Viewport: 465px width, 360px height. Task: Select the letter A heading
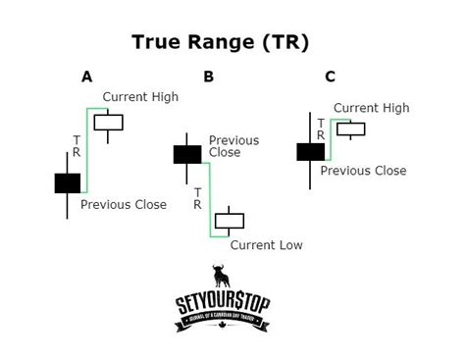tap(87, 77)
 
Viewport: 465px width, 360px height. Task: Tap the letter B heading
tap(208, 77)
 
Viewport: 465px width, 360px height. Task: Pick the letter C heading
tap(329, 77)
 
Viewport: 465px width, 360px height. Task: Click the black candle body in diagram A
tap(67, 182)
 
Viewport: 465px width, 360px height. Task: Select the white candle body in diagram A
tap(109, 122)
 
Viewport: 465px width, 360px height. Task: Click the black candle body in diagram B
tap(187, 154)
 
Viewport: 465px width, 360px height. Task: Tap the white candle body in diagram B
tap(230, 221)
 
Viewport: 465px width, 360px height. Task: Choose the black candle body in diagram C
tap(310, 151)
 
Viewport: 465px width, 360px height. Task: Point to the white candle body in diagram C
tap(350, 129)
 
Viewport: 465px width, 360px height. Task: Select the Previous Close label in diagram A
tap(124, 205)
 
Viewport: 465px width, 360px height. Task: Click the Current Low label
tap(266, 245)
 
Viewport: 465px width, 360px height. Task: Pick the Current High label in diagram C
tap(371, 108)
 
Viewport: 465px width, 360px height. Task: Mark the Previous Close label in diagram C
tap(363, 171)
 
